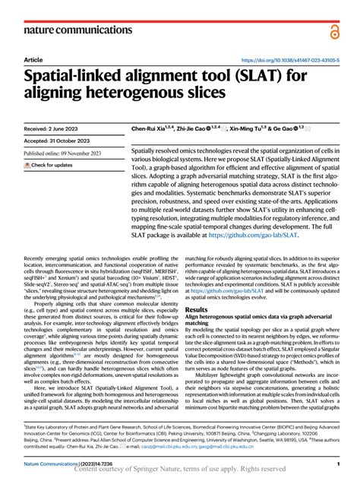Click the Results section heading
point(197,310)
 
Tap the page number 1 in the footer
point(336,462)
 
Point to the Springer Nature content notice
point(181,470)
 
